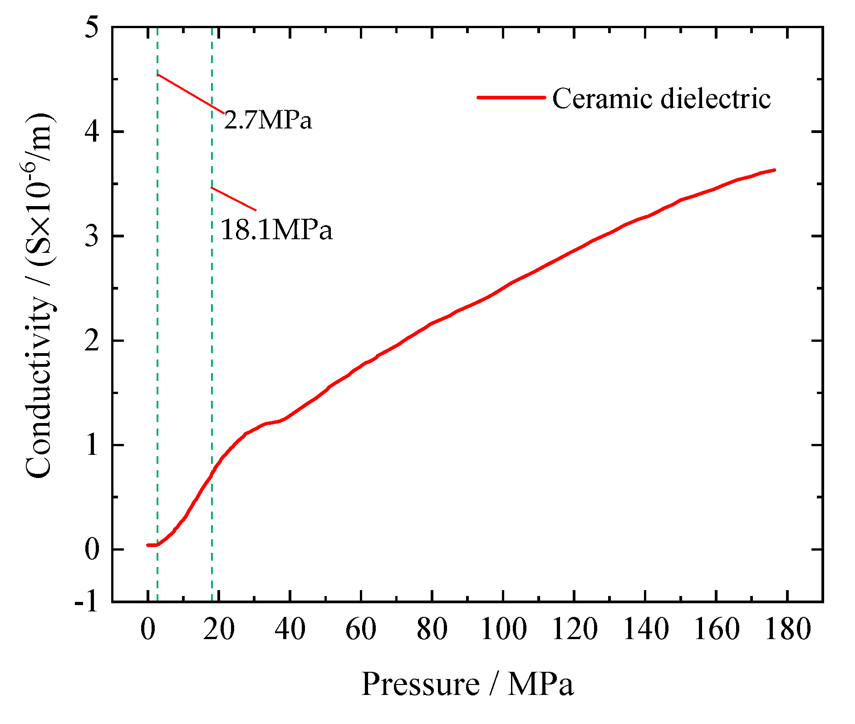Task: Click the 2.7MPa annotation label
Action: coord(268,120)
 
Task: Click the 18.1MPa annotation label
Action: coord(276,229)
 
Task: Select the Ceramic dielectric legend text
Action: coord(661,99)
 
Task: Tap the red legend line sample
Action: coord(511,97)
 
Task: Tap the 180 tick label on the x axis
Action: coord(787,630)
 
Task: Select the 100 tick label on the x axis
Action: coord(503,630)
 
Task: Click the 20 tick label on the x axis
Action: coord(219,630)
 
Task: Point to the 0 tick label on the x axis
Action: coord(148,630)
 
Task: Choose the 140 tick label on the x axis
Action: coord(645,630)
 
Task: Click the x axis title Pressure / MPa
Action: coord(467,684)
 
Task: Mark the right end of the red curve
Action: coord(774,170)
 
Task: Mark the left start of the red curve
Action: coord(147,545)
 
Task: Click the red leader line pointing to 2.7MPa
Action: coord(191,93)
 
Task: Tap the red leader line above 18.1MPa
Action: coord(234,199)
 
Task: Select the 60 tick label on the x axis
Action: coord(361,630)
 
